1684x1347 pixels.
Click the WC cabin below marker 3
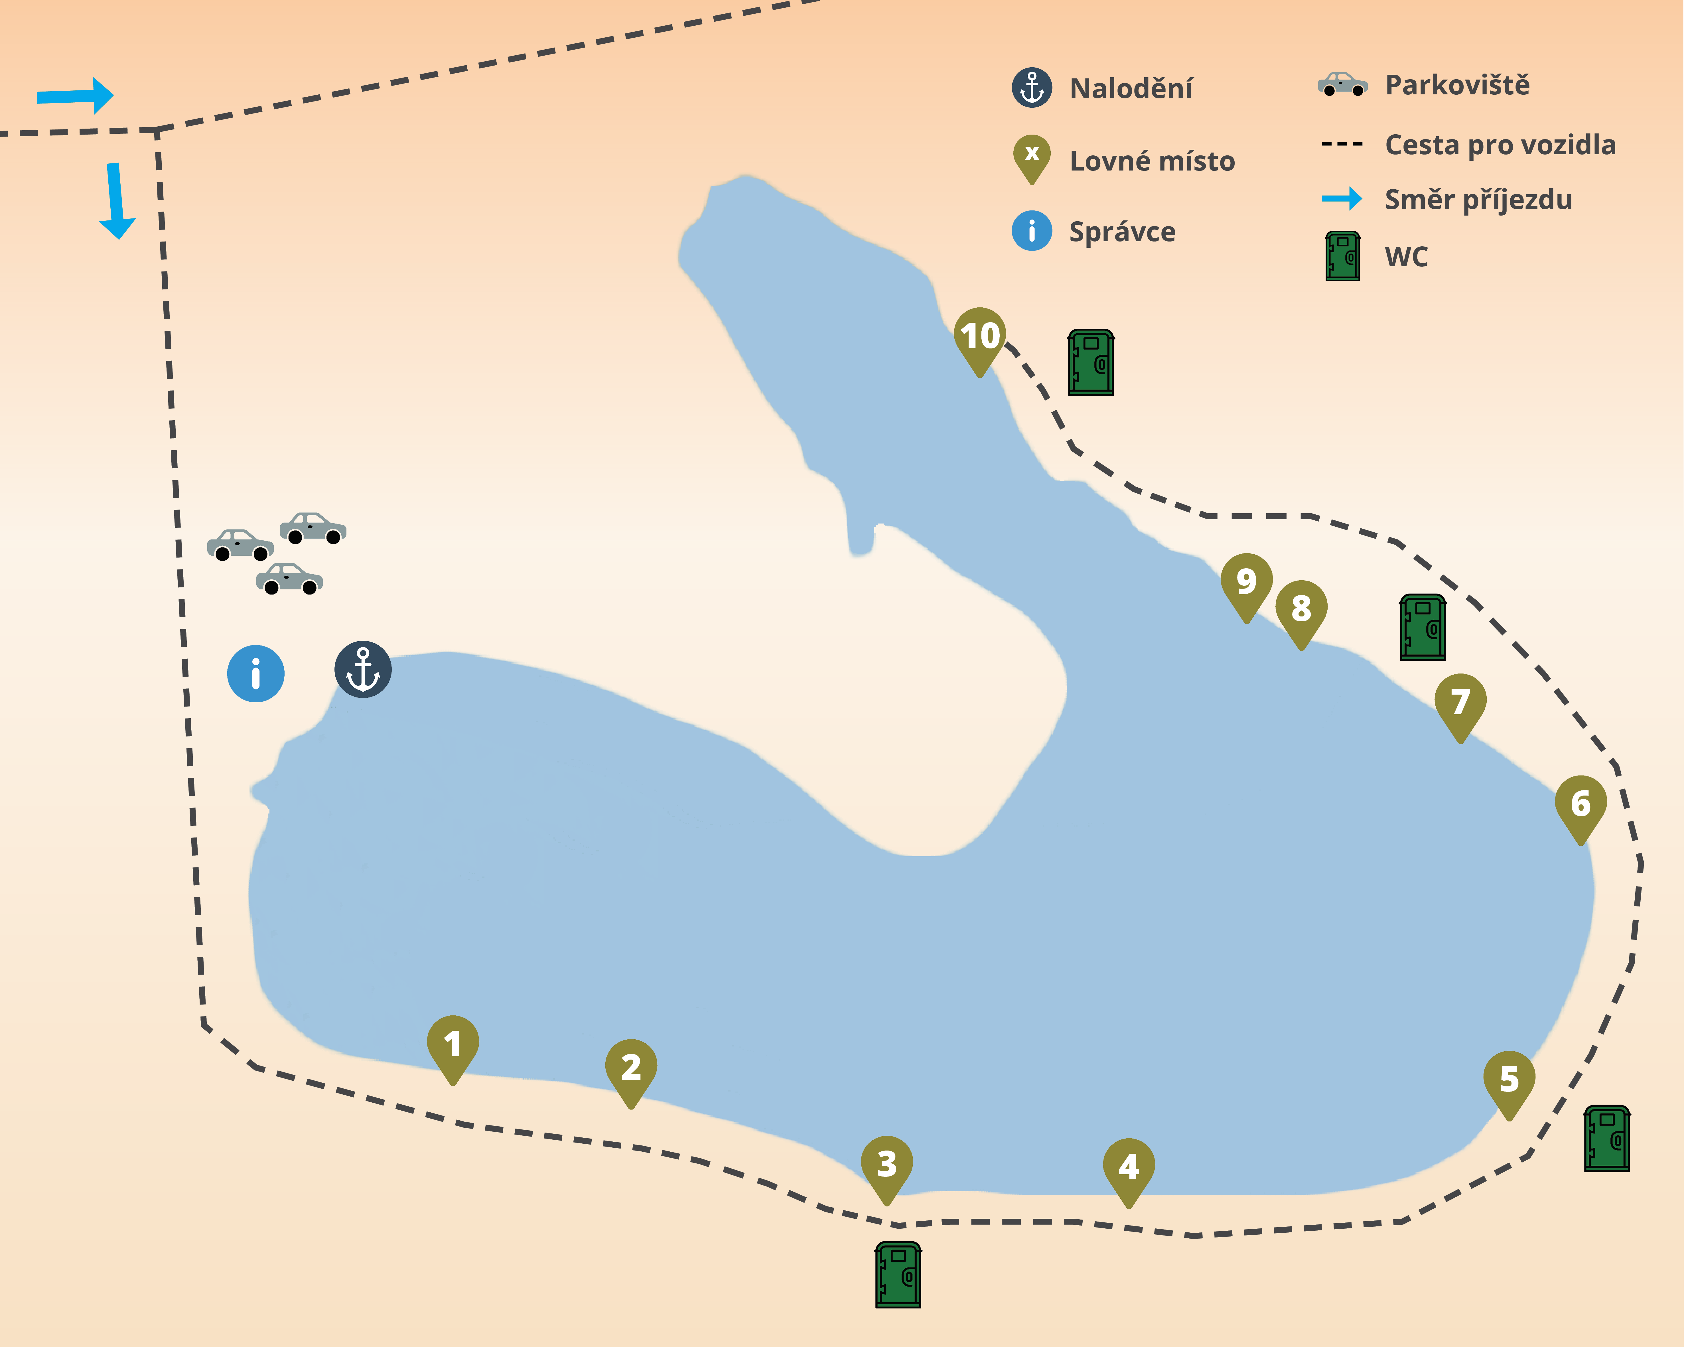point(898,1274)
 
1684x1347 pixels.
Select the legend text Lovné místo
point(1152,161)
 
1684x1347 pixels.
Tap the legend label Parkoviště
point(1458,84)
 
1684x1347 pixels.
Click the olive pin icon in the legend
point(1032,159)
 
